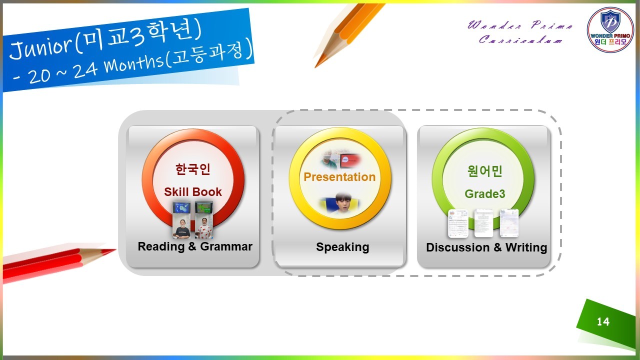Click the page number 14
(603, 321)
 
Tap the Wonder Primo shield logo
(610, 30)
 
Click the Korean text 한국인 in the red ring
(193, 169)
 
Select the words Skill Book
(193, 191)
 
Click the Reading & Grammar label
(195, 246)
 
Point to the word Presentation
(339, 177)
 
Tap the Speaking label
(342, 247)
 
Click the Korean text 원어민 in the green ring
(485, 171)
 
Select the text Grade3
(485, 193)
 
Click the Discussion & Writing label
(486, 247)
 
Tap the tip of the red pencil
(115, 250)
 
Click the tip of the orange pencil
(315, 67)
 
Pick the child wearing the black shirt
(181, 228)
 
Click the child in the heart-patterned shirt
(204, 228)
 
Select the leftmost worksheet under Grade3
(458, 223)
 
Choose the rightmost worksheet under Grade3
(509, 223)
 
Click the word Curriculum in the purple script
(521, 39)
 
